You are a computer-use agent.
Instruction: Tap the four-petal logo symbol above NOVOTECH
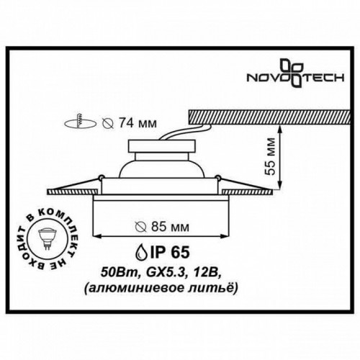click(295, 64)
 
